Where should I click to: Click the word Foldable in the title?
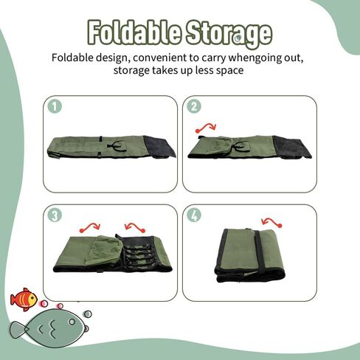[x=134, y=32]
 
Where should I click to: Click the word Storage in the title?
[x=229, y=34]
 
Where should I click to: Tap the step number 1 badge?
[x=55, y=106]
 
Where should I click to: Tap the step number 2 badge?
[x=194, y=106]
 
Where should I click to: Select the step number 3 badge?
[x=55, y=215]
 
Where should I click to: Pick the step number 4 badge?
[x=194, y=215]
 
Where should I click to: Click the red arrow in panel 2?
[x=206, y=128]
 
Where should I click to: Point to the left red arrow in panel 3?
[x=89, y=227]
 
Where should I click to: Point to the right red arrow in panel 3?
[x=135, y=227]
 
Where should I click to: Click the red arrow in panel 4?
[x=271, y=222]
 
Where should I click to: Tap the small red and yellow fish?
[x=24, y=300]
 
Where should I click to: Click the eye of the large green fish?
[x=72, y=322]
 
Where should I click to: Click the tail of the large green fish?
[x=18, y=330]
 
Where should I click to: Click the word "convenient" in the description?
[x=160, y=58]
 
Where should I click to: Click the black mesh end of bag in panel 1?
[x=160, y=147]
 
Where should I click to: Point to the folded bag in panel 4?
[x=250, y=255]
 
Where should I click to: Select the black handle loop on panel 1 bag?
[x=117, y=146]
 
